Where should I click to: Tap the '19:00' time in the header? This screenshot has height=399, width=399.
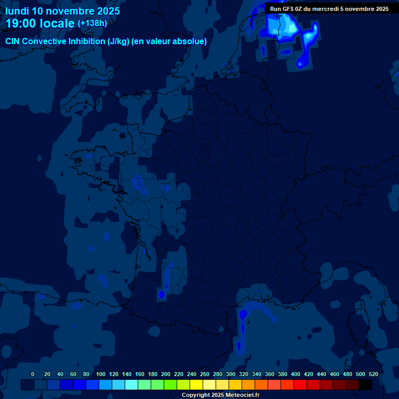[x=21, y=24]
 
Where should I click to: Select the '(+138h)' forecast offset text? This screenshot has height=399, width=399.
[x=92, y=23]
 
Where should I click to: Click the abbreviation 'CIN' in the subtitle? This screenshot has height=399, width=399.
[x=13, y=42]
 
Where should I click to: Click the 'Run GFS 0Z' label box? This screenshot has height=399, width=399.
[x=329, y=8]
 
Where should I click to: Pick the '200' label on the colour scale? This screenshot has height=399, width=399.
[x=166, y=374]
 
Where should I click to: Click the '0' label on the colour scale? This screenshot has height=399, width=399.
[x=33, y=374]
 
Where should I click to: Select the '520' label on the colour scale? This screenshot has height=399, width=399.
[x=373, y=374]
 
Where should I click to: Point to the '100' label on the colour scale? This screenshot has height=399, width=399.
[x=101, y=374]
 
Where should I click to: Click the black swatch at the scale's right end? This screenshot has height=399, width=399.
[x=365, y=385]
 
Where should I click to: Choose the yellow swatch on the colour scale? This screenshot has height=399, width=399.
[x=196, y=385]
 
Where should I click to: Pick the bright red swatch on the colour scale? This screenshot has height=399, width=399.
[x=300, y=385]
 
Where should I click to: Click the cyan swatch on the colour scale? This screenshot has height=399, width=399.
[x=131, y=385]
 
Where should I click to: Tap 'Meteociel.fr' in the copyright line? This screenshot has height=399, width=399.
[x=243, y=395]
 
